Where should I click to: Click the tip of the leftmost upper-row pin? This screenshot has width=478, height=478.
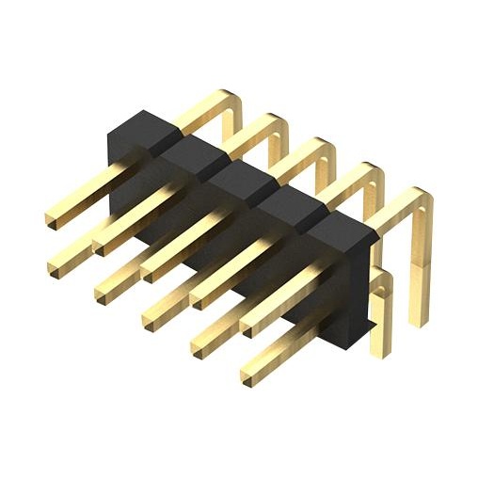point(51,220)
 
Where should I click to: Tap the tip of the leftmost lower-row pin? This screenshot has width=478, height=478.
point(54,269)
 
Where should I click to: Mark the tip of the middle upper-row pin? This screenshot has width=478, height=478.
point(149,272)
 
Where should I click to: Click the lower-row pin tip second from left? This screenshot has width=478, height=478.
point(101,295)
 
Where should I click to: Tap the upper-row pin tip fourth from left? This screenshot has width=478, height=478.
point(197,297)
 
